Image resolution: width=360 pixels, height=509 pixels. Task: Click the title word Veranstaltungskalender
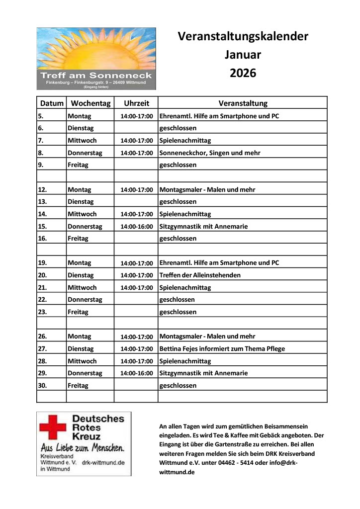click(x=243, y=36)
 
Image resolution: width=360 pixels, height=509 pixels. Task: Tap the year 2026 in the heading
click(x=243, y=73)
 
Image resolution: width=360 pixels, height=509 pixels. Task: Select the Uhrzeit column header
click(x=136, y=103)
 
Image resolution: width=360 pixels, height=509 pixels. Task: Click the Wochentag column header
click(x=90, y=103)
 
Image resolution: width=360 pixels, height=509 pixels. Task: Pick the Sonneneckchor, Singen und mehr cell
click(x=209, y=153)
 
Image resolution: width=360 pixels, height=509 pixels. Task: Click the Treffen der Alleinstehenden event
click(x=200, y=275)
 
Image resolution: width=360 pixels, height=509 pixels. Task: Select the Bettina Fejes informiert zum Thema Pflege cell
click(x=222, y=348)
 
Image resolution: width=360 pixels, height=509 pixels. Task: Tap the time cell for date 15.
click(x=136, y=227)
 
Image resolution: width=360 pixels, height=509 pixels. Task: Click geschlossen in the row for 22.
click(x=177, y=300)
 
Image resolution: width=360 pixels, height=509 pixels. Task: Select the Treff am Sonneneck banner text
click(x=96, y=76)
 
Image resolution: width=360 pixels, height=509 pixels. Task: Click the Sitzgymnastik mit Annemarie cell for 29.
click(x=203, y=373)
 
